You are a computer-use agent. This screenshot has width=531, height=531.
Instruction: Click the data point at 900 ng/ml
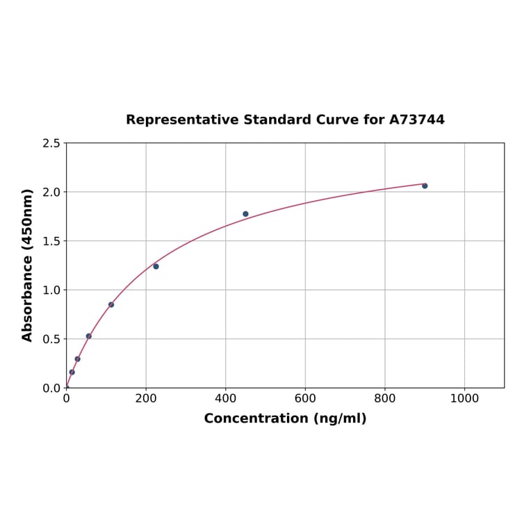[x=425, y=186]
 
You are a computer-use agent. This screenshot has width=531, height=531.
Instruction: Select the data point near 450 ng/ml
[x=245, y=214]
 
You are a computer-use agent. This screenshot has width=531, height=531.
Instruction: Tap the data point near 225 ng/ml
[x=156, y=266]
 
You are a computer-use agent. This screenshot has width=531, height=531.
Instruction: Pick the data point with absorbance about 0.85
[x=111, y=304]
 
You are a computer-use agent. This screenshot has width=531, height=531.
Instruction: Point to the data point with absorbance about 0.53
[x=88, y=336]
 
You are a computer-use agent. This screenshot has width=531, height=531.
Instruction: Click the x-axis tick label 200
[x=146, y=398]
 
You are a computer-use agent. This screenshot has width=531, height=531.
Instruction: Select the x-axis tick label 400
[x=225, y=398]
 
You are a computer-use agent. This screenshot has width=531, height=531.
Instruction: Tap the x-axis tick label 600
[x=305, y=398]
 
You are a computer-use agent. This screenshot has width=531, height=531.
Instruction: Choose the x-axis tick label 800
[x=384, y=398]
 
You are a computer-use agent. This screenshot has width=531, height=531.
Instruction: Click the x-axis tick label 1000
[x=464, y=398]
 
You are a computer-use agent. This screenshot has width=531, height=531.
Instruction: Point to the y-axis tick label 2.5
[x=51, y=143]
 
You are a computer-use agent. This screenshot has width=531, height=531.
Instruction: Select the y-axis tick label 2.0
[x=51, y=192]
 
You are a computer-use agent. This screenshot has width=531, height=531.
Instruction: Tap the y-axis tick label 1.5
[x=51, y=241]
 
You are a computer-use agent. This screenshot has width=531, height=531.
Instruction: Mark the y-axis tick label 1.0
[x=51, y=290]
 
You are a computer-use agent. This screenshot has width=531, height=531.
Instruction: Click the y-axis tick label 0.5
[x=51, y=339]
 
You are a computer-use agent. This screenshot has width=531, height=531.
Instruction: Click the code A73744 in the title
[x=416, y=120]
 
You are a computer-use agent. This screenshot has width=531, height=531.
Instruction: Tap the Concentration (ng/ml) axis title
[x=285, y=418]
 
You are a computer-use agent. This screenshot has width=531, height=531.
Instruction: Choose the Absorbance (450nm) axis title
[x=28, y=265]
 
